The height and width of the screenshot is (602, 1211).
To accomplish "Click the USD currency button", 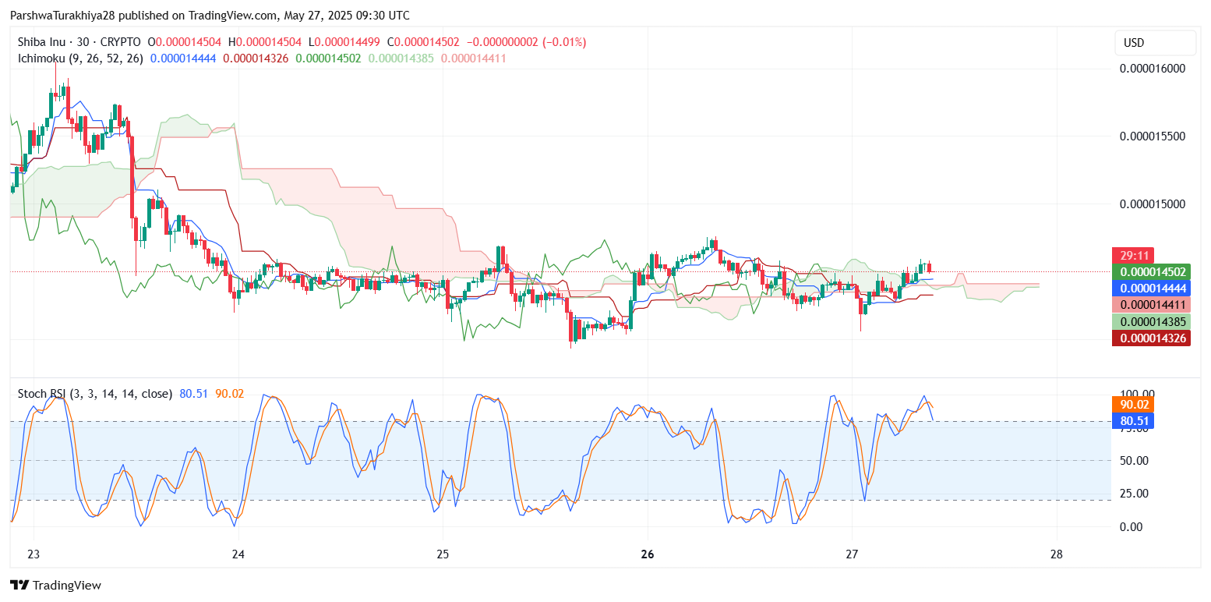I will click(x=1154, y=43).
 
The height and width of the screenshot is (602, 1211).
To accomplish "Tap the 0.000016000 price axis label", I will click(x=1152, y=69).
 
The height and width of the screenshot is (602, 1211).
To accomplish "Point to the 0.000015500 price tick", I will click(x=1152, y=136).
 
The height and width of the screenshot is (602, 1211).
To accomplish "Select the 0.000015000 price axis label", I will click(x=1152, y=204).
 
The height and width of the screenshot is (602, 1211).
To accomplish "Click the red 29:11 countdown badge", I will click(x=1132, y=256).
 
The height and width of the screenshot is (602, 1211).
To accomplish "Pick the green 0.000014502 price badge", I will click(x=1151, y=272).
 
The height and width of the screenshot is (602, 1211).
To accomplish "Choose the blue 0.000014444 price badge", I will click(x=1151, y=289).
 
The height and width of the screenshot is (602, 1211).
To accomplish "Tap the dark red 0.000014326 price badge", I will click(x=1151, y=338).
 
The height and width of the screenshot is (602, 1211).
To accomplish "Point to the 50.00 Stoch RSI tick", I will click(x=1134, y=461).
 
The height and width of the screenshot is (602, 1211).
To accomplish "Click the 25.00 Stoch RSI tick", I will click(x=1134, y=494).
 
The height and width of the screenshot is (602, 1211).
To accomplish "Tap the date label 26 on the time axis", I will click(x=647, y=555).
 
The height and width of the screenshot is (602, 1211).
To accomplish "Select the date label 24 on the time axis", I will click(x=238, y=555).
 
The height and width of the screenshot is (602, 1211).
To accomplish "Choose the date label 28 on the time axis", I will click(x=1057, y=555).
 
